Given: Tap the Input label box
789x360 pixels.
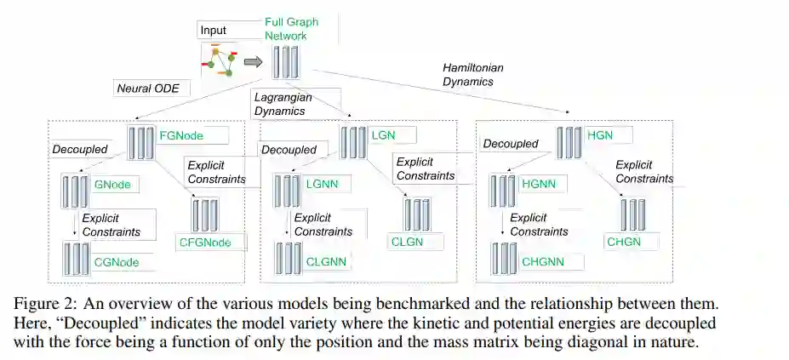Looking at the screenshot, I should point(214,31).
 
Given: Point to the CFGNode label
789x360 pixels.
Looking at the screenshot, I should point(204,243).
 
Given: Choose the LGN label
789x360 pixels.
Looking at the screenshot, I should point(383,134).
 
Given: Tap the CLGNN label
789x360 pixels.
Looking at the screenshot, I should point(326,261).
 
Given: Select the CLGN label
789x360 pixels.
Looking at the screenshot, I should point(407,243).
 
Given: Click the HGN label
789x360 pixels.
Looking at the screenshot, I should point(599,134).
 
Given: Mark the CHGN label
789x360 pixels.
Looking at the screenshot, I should point(624,243).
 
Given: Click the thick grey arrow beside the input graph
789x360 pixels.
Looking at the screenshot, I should point(253,61).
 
